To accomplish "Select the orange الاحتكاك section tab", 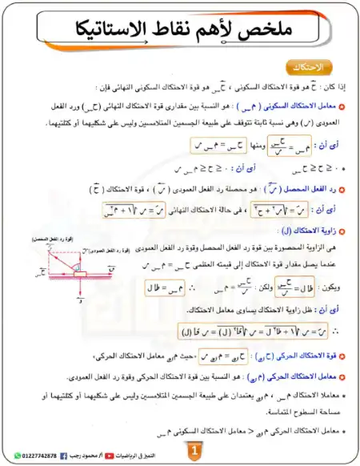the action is coord(307,67).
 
